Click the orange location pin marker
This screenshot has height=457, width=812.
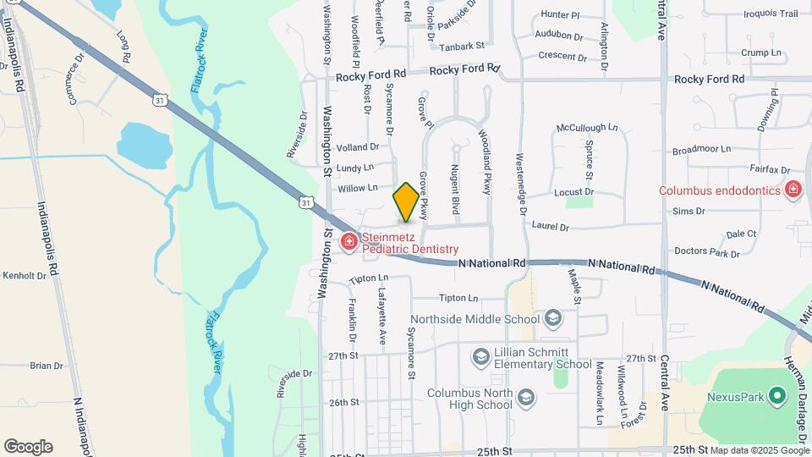point(406,202)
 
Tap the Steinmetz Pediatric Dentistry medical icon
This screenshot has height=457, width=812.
point(348,243)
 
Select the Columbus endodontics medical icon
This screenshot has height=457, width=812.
point(793,190)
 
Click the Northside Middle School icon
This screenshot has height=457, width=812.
point(553,319)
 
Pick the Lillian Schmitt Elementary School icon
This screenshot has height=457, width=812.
point(480,357)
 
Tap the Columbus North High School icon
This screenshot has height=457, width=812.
point(525,398)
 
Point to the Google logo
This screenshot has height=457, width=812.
point(28,446)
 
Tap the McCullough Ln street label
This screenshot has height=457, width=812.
point(587,128)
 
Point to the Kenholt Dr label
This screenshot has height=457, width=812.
point(24,276)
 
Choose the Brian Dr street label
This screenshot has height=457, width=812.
point(47,366)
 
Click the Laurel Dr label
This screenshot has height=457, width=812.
point(551,227)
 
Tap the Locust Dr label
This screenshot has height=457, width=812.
point(573,192)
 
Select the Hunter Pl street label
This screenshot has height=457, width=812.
point(560,15)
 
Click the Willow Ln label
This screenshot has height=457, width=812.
point(356,188)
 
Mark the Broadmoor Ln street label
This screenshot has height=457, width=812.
point(700,149)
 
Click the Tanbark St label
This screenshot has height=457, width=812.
point(466,46)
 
